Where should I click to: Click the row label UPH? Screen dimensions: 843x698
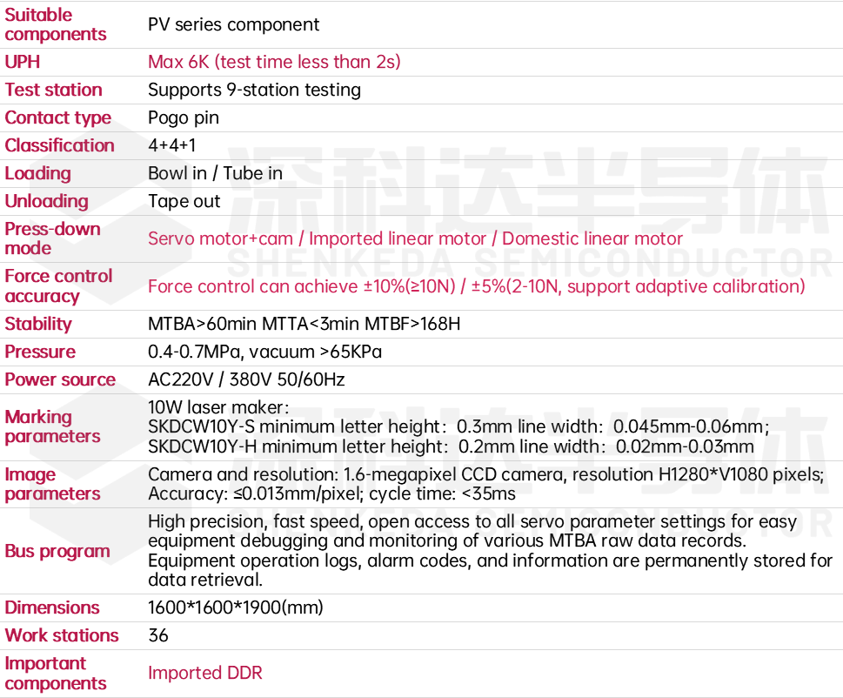click(x=22, y=62)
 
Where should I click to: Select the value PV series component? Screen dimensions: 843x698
click(x=233, y=24)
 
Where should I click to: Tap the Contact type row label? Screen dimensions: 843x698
click(x=58, y=117)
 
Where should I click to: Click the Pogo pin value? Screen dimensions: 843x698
click(x=184, y=117)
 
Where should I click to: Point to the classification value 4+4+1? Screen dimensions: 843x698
click(x=172, y=145)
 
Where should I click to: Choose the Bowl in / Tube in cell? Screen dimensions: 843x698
click(x=215, y=173)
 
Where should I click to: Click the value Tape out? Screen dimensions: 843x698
click(x=184, y=201)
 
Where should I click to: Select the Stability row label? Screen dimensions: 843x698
click(x=38, y=324)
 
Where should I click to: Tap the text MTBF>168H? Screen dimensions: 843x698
click(x=412, y=324)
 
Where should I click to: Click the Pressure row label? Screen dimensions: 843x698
click(x=40, y=352)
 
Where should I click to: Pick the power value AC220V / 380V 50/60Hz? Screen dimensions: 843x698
click(x=246, y=379)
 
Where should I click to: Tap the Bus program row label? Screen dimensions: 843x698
click(x=57, y=551)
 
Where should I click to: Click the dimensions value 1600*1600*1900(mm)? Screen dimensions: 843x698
click(x=236, y=607)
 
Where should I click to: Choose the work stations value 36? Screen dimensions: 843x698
click(x=158, y=635)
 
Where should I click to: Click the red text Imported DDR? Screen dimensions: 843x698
click(x=204, y=673)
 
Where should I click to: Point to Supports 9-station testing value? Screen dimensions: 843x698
click(x=254, y=90)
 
